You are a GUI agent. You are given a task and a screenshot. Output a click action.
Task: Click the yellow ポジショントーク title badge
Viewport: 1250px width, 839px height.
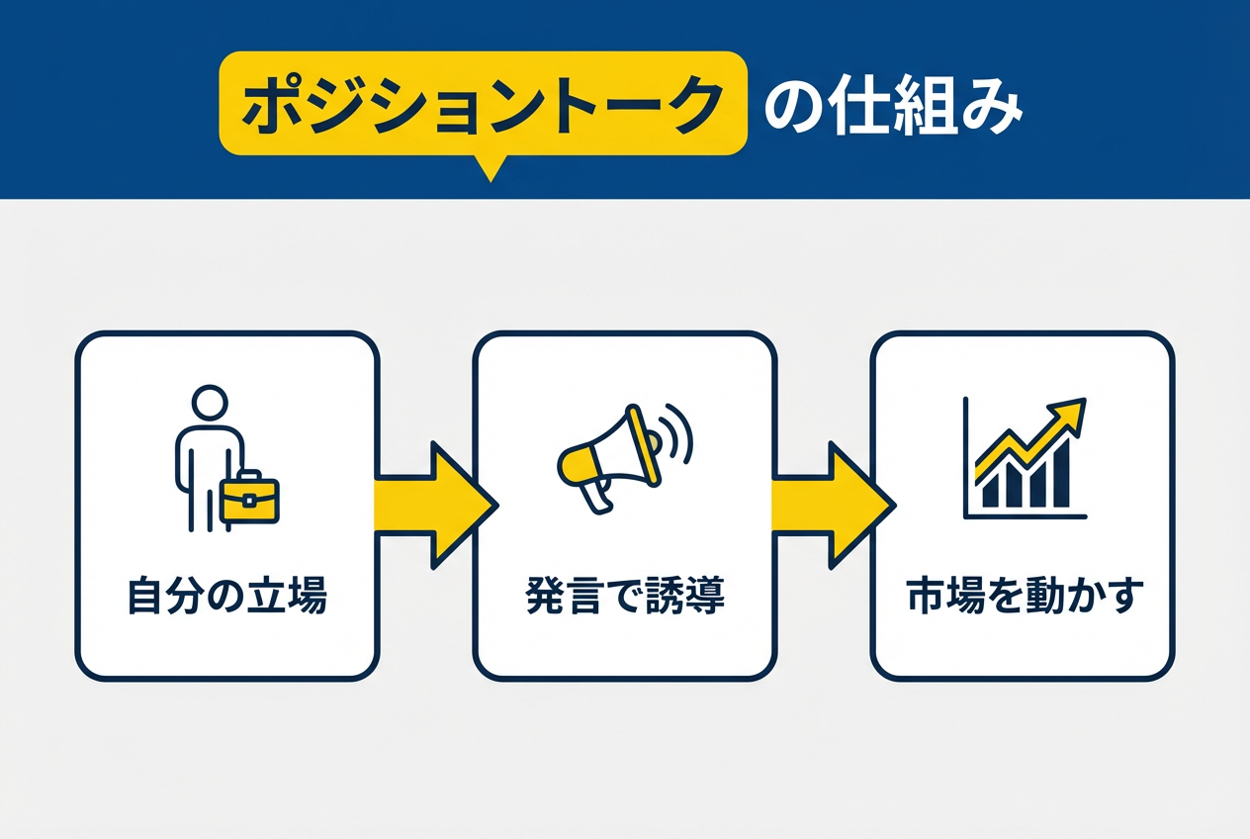[482, 104]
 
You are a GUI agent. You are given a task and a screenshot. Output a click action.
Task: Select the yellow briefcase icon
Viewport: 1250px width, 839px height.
[248, 498]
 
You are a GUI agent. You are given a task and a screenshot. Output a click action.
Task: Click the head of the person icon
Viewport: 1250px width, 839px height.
[208, 404]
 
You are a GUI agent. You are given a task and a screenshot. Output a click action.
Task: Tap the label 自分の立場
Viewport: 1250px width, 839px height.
[227, 597]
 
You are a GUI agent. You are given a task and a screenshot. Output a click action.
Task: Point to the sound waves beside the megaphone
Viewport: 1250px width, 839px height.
[678, 433]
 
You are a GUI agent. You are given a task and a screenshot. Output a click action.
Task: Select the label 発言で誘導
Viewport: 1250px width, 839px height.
[624, 597]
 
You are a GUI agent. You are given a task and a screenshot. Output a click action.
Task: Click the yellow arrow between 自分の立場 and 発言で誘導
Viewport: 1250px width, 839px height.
[431, 506]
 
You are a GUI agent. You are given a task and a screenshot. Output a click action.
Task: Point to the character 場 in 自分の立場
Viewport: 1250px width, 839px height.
[308, 597]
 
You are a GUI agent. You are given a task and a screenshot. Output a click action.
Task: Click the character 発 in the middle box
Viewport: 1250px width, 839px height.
[542, 597]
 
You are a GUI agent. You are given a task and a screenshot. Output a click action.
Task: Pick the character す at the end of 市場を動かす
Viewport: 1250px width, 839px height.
[1126, 597]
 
